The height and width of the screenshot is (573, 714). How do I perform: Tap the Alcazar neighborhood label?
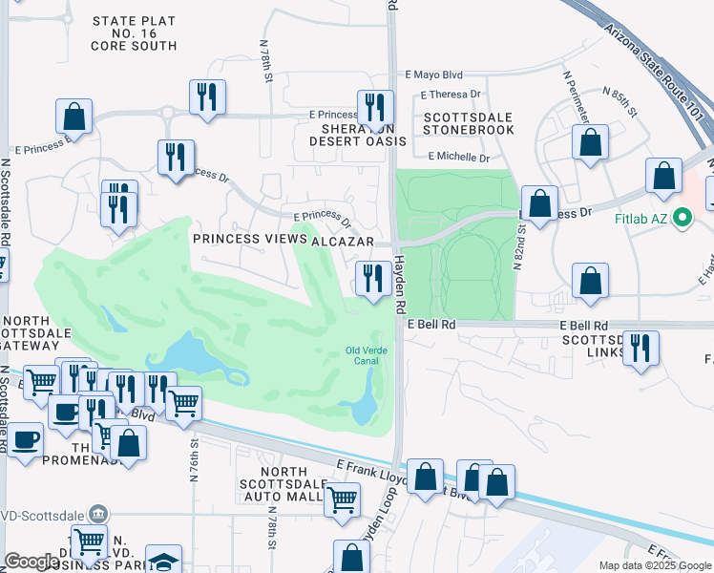click(344, 243)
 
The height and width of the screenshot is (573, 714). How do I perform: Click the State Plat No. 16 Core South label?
click(135, 33)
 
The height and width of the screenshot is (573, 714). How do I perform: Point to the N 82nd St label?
click(521, 246)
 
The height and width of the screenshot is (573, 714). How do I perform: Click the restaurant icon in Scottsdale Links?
click(640, 348)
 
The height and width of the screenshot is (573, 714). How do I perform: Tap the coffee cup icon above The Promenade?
click(65, 412)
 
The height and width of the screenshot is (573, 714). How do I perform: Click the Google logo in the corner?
click(31, 562)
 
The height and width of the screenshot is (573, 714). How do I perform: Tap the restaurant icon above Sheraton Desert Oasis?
click(375, 106)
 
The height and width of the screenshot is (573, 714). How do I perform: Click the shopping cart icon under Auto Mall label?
click(341, 499)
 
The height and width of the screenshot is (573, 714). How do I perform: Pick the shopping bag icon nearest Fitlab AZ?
click(663, 175)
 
